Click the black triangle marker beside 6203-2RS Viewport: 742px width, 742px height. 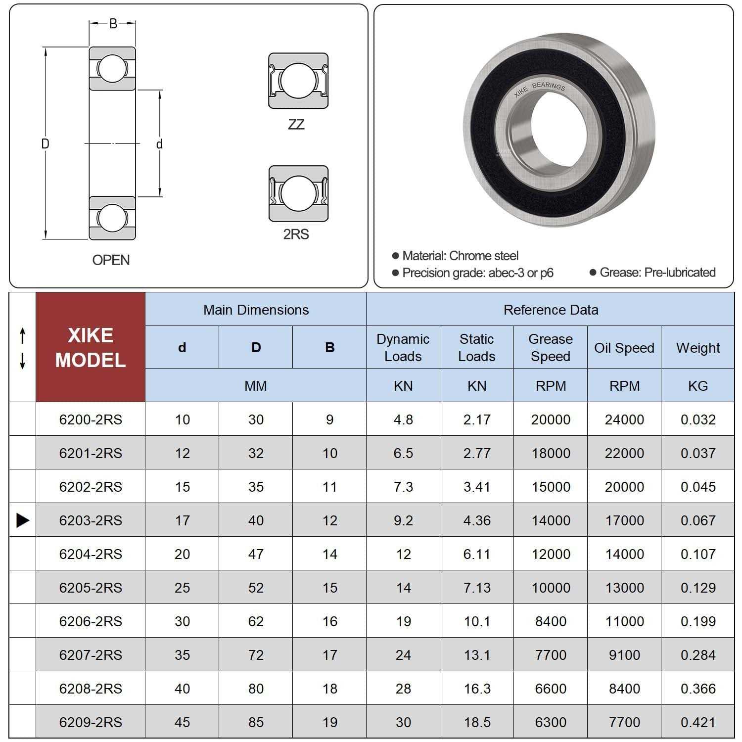[x=23, y=520]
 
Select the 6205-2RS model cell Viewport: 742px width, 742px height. [x=91, y=588]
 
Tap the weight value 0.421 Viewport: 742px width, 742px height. [x=698, y=722]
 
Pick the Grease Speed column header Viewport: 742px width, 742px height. [x=551, y=347]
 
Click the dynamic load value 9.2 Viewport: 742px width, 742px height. [x=403, y=520]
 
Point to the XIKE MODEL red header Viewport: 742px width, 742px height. [x=91, y=347]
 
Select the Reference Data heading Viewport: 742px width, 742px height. [x=551, y=310]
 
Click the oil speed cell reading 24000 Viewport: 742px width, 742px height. [x=624, y=419]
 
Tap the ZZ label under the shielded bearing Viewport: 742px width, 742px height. [x=296, y=125]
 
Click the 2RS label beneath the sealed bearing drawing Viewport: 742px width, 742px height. [x=296, y=234]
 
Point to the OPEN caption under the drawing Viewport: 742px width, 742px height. [x=111, y=260]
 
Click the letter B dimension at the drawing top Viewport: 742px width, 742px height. [x=113, y=24]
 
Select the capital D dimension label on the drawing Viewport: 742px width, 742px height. [x=45, y=144]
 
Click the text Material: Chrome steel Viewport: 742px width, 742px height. [x=460, y=256]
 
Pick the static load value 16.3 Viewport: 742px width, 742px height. [x=477, y=689]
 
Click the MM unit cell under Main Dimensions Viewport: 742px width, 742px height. [x=256, y=386]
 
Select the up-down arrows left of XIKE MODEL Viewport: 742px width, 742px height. [x=22, y=349]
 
